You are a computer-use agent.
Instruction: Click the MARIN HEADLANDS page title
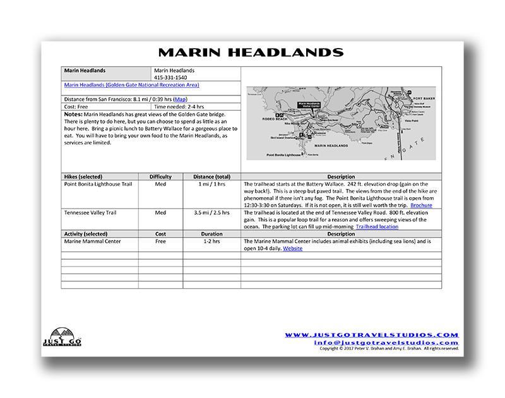[251, 52]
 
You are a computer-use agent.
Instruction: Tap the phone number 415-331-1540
[170, 77]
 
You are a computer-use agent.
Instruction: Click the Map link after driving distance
[180, 99]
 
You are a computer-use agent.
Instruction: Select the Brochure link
[421, 205]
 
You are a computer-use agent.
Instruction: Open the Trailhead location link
[377, 226]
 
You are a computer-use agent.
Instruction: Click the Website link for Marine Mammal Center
[292, 248]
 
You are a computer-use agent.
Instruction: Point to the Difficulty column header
[160, 177]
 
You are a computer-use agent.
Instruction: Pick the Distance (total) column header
[211, 177]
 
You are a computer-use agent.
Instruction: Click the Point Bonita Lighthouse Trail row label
[98, 184]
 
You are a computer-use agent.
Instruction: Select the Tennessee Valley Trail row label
[90, 213]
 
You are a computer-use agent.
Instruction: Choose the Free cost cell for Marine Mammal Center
[160, 241]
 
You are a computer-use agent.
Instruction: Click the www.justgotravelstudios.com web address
[372, 335]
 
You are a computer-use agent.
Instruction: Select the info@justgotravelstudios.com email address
[386, 342]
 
